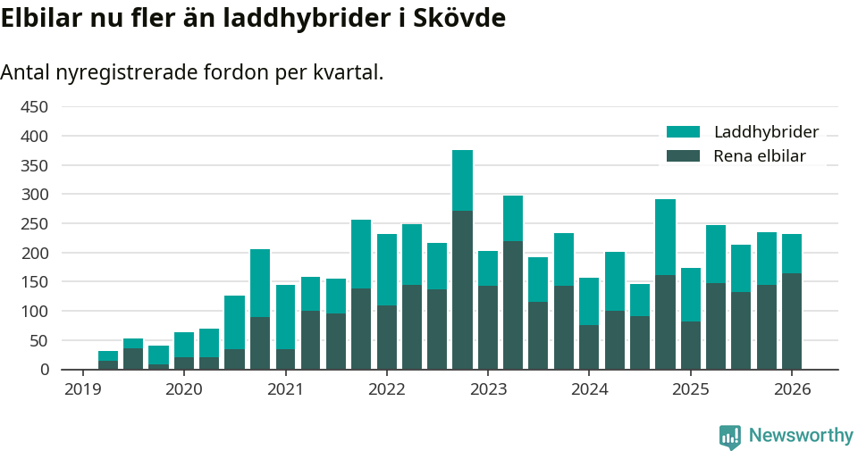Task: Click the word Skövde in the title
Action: coord(462,19)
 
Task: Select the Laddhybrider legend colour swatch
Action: coord(684,132)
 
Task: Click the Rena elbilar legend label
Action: coord(760,156)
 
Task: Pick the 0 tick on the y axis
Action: coord(42,369)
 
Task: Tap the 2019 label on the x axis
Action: coord(82,389)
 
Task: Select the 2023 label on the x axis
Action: coord(488,389)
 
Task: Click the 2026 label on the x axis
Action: coord(792,389)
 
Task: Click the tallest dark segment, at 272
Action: coord(462,290)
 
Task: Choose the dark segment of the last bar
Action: coord(792,322)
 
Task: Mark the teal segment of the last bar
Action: coord(792,254)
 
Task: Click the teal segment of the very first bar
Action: coord(108,356)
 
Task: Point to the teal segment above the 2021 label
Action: coord(286,317)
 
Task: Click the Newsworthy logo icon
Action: coord(729,436)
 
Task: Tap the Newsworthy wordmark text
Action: coord(801,436)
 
